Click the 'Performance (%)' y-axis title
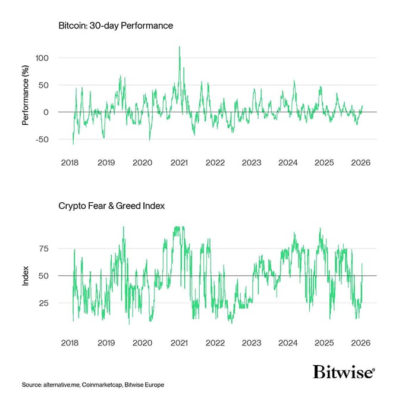tap(26, 99)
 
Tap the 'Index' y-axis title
tap(26, 276)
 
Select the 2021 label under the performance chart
tap(179, 163)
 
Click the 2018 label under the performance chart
tap(70, 163)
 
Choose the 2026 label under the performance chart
tap(361, 163)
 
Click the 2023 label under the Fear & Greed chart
tap(252, 343)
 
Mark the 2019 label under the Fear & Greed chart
tap(106, 343)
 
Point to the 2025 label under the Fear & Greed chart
tap(325, 343)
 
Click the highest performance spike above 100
tap(180, 47)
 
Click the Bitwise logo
tap(343, 373)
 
